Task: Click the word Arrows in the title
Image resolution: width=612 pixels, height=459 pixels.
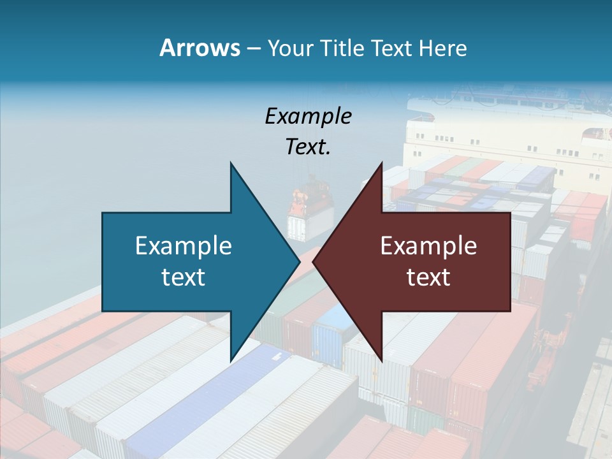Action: pyautogui.click(x=200, y=48)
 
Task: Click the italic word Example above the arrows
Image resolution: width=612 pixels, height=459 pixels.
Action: pyautogui.click(x=308, y=116)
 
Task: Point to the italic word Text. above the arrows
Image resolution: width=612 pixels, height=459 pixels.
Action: pyautogui.click(x=308, y=147)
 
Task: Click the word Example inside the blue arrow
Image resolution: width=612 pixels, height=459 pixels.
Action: pyautogui.click(x=184, y=245)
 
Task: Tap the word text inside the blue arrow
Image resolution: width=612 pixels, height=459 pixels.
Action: pyautogui.click(x=184, y=277)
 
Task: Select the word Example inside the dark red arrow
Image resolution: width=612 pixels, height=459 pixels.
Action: pyautogui.click(x=428, y=245)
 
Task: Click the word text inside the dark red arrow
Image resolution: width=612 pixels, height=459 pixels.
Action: pyautogui.click(x=428, y=277)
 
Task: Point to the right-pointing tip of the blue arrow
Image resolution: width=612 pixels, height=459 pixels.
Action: pyautogui.click(x=299, y=262)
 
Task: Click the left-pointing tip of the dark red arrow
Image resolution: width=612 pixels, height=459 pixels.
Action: pyautogui.click(x=314, y=262)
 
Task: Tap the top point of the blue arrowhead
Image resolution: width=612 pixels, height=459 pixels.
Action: pyautogui.click(x=231, y=163)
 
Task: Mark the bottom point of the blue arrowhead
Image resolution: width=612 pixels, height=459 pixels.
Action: pyautogui.click(x=231, y=361)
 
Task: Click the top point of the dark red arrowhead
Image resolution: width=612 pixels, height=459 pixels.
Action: pyautogui.click(x=381, y=163)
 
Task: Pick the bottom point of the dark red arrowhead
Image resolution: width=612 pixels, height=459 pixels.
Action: pyautogui.click(x=381, y=361)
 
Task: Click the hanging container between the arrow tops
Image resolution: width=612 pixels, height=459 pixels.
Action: pyautogui.click(x=311, y=207)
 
